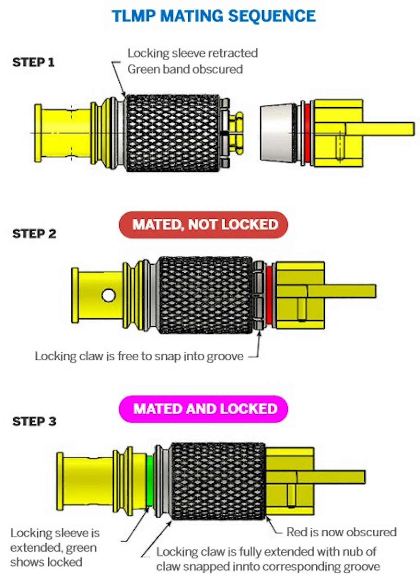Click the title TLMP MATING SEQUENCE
pyautogui.click(x=213, y=16)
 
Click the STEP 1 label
pyautogui.click(x=34, y=62)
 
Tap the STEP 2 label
pyautogui.click(x=34, y=234)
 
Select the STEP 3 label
pyautogui.click(x=34, y=421)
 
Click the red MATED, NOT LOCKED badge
pyautogui.click(x=204, y=225)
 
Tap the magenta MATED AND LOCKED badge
pyautogui.click(x=204, y=409)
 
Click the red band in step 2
pyautogui.click(x=269, y=295)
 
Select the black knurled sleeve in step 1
pyautogui.click(x=173, y=133)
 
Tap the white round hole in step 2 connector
pyautogui.click(x=108, y=295)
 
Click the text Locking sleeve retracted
pyautogui.click(x=192, y=53)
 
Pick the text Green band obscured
pyautogui.click(x=185, y=69)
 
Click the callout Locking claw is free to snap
pyautogui.click(x=139, y=356)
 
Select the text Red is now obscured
pyautogui.click(x=341, y=532)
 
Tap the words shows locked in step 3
pyautogui.click(x=46, y=562)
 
